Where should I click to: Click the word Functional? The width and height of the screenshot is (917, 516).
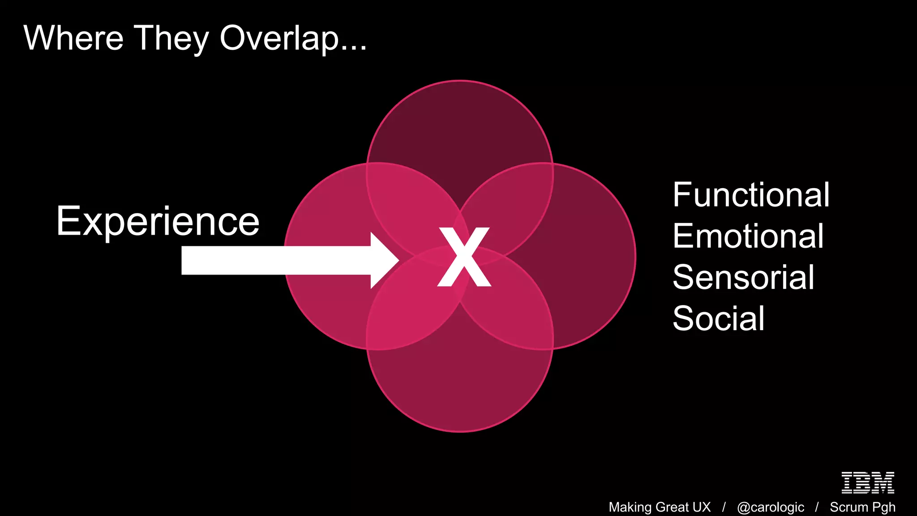[x=751, y=195]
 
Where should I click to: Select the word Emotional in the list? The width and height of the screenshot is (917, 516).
[x=748, y=236]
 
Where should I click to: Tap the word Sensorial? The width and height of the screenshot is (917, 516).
[x=743, y=277]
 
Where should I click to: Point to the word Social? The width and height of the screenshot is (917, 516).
[x=718, y=318]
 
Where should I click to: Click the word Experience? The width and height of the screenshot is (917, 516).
[x=158, y=221]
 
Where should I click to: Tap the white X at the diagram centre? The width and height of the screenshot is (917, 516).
[x=464, y=257]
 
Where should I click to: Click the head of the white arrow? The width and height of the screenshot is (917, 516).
[x=384, y=260]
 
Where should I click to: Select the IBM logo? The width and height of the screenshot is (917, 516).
[x=867, y=482]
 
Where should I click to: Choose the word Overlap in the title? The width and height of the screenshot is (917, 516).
[x=279, y=39]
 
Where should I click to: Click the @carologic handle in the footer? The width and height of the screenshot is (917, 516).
[x=770, y=507]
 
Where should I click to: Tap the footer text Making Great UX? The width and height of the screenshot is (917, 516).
[x=659, y=507]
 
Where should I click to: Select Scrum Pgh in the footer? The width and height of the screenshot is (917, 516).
[x=862, y=507]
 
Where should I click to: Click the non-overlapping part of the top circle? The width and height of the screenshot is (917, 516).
[x=460, y=125]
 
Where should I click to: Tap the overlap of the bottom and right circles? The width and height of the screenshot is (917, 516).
[x=519, y=314]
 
